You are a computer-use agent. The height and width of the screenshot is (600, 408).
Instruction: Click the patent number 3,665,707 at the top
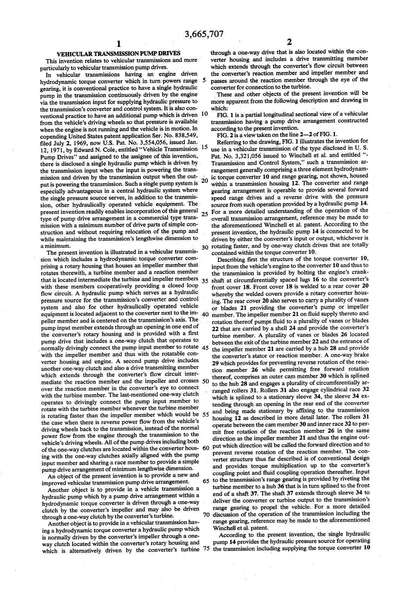click(x=204, y=34)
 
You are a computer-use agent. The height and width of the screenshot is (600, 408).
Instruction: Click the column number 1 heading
click(x=119, y=44)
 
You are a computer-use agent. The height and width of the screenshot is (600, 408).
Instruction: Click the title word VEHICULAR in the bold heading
click(x=73, y=54)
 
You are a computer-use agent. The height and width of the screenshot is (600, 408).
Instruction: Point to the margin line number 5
click(x=205, y=80)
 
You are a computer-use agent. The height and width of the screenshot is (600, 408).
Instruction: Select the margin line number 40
click(x=206, y=314)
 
